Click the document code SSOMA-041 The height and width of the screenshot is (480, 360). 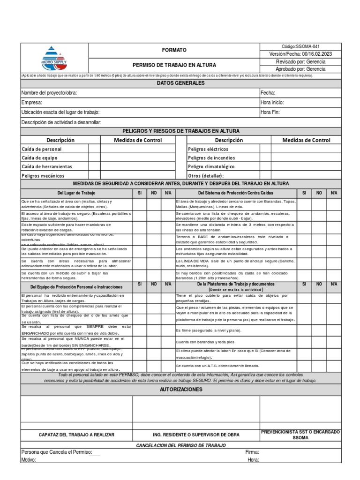pyautogui.click(x=300, y=47)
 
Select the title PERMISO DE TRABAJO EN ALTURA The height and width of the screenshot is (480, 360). pyautogui.click(x=174, y=65)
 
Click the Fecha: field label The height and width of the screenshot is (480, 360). pyautogui.click(x=268, y=93)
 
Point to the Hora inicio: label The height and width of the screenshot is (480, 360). pyautogui.click(x=272, y=102)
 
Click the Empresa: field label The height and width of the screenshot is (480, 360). pyautogui.click(x=32, y=102)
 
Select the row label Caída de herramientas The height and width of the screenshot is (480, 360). pyautogui.click(x=47, y=166)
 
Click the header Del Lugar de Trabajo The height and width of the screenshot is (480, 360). pyautogui.click(x=76, y=193)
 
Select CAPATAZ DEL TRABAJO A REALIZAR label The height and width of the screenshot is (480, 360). pyautogui.click(x=76, y=435)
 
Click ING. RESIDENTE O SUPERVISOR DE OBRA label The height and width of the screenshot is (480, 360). pyautogui.click(x=196, y=435)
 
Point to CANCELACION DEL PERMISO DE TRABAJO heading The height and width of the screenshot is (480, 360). pyautogui.click(x=180, y=445)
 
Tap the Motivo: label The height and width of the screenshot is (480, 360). pyautogui.click(x=29, y=460)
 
